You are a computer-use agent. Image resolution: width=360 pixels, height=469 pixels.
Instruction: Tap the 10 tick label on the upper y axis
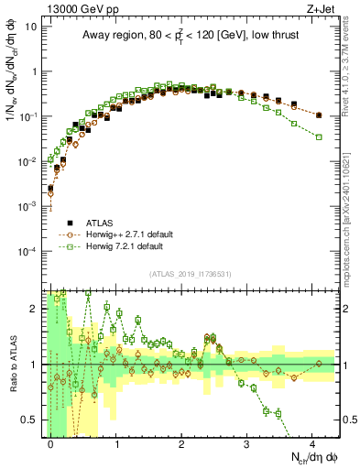click(30, 27)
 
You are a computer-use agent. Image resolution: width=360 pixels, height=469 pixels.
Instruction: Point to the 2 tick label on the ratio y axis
click(33, 309)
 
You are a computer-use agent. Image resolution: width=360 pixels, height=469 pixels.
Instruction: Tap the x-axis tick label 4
click(312, 442)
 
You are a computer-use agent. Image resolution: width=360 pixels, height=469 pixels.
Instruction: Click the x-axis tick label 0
click(50, 442)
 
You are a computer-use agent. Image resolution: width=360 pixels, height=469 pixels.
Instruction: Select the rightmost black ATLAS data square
click(318, 115)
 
